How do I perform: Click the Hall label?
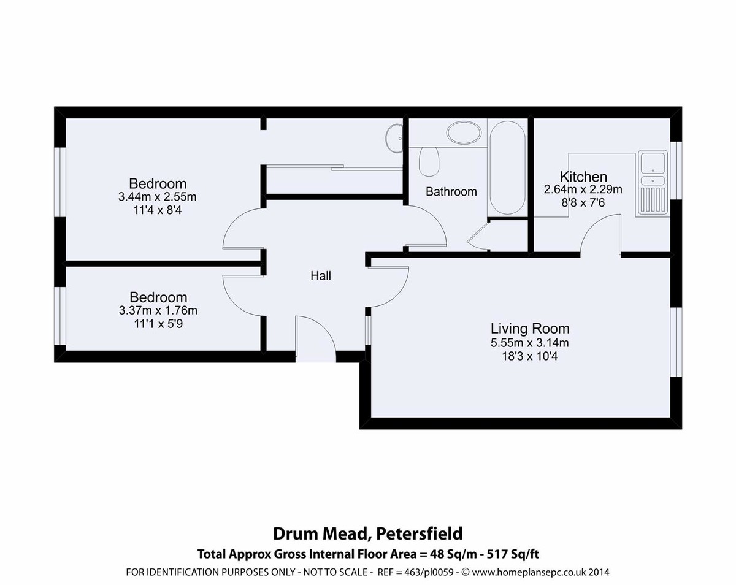[321, 276]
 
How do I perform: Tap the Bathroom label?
[451, 192]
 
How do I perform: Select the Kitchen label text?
[575, 177]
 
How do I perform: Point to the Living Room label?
[530, 329]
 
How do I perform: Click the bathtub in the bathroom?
[506, 167]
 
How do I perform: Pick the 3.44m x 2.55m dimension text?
[158, 197]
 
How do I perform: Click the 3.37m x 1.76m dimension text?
[158, 311]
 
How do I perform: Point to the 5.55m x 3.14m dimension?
[530, 342]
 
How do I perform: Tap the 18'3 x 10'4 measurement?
[530, 355]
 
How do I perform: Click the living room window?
[675, 341]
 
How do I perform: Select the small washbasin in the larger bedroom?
[394, 140]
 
